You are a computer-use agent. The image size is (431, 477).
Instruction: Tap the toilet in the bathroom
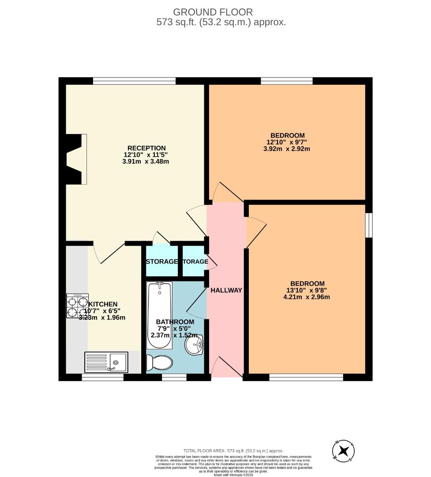(x=159, y=363)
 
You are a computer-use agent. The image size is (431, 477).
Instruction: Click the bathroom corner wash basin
(x=194, y=345)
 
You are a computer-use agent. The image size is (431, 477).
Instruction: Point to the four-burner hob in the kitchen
(x=78, y=306)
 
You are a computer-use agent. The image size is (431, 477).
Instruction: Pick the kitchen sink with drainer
(x=106, y=362)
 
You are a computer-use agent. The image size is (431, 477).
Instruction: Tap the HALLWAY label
(x=226, y=290)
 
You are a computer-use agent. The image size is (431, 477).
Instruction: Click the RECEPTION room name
(x=146, y=148)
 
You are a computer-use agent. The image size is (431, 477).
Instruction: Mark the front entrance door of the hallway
(x=226, y=367)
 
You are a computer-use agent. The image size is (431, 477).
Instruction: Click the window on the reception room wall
(x=134, y=81)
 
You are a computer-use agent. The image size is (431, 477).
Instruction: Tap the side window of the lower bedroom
(x=369, y=225)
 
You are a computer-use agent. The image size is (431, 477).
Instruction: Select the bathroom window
(x=174, y=377)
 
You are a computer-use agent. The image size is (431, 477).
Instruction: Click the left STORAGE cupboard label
(x=161, y=261)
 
